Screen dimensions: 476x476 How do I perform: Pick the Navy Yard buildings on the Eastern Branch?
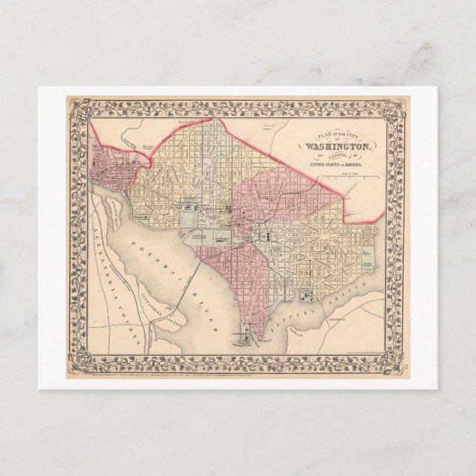point(307,295)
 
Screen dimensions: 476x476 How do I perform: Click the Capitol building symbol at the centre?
point(265,234)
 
